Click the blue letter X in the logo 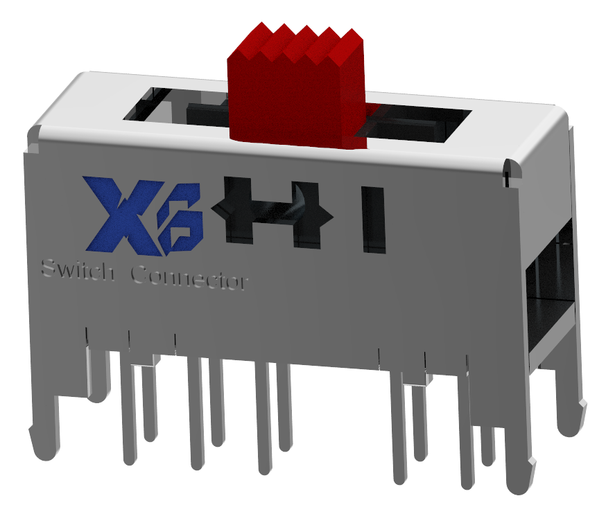pos(118,215)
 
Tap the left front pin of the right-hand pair pos(399,429)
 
